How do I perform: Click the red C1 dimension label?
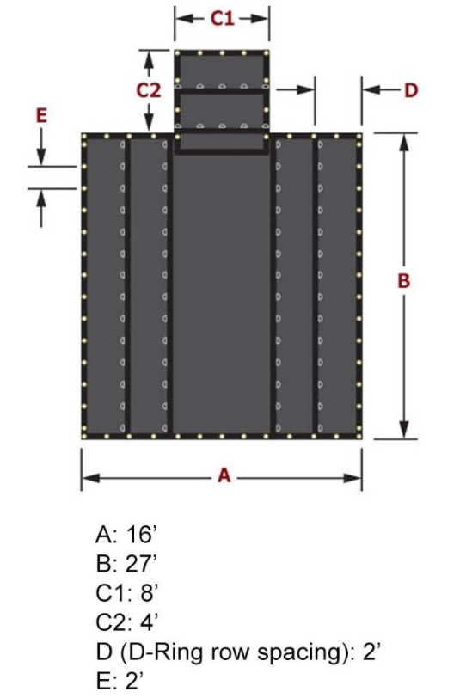coord(222,18)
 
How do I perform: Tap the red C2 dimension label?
coord(148,91)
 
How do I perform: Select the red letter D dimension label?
coord(411,90)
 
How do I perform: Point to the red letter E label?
coord(41,116)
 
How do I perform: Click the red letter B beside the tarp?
coord(403,281)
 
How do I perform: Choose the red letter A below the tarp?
coord(224,475)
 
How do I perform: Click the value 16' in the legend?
coord(139,534)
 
